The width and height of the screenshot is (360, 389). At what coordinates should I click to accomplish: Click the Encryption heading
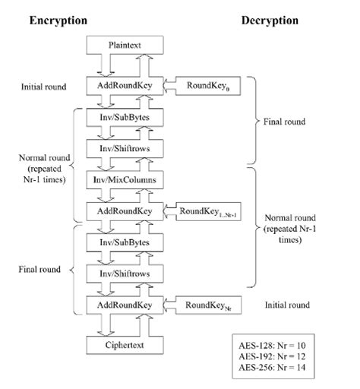(58, 20)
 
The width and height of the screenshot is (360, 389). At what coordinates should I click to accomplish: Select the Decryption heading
(270, 20)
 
